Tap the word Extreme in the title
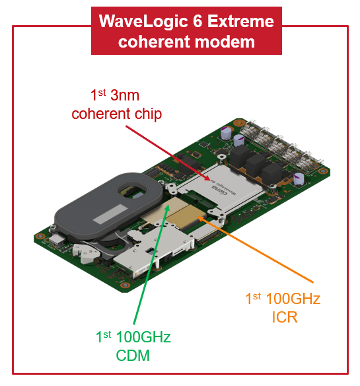pyautogui.click(x=240, y=21)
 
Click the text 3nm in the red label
pyautogui.click(x=125, y=95)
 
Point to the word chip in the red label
pyautogui.click(x=149, y=114)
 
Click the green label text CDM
pyautogui.click(x=133, y=356)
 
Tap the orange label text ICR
pyautogui.click(x=285, y=317)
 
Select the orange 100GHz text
pyautogui.click(x=293, y=299)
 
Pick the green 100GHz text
pyautogui.click(x=143, y=337)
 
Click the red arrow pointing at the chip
pyautogui.click(x=168, y=153)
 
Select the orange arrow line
pyautogui.click(x=256, y=249)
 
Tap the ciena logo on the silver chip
pyautogui.click(x=219, y=190)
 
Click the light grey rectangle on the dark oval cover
pyautogui.click(x=110, y=214)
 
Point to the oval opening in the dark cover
pyautogui.click(x=132, y=192)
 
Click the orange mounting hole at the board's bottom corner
pyautogui.click(x=126, y=285)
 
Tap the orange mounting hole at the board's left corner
pyautogui.click(x=39, y=237)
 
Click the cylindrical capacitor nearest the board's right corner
pyautogui.click(x=299, y=179)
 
